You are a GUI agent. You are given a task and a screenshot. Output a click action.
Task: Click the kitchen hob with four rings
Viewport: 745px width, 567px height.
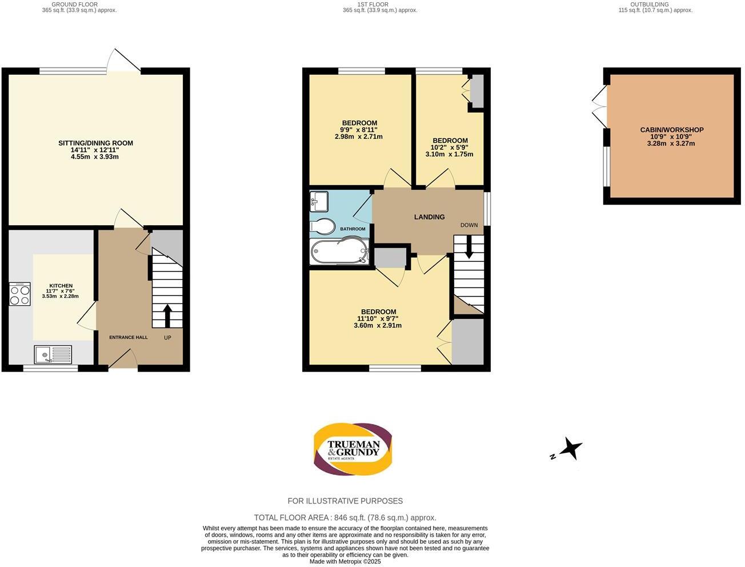tap(19, 294)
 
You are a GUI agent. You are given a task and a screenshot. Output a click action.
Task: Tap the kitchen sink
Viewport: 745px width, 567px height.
tap(52, 354)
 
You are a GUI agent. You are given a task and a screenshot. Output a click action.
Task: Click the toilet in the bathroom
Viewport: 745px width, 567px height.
tap(322, 226)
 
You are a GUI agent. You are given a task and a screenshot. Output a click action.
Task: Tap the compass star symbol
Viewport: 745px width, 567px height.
tap(571, 449)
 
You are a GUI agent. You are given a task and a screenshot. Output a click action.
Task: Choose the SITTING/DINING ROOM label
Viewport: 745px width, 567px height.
tap(95, 143)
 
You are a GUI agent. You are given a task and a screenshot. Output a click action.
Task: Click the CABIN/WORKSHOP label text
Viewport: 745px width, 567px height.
tap(671, 130)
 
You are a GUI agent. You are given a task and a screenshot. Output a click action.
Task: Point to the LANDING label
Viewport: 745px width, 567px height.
tap(429, 217)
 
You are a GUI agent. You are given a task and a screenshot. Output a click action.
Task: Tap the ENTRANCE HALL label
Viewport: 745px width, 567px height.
tap(128, 337)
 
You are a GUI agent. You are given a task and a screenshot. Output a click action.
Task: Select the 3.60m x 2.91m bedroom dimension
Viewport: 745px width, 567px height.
tap(378, 326)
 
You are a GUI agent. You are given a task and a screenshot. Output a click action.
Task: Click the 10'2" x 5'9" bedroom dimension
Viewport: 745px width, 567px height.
tap(450, 147)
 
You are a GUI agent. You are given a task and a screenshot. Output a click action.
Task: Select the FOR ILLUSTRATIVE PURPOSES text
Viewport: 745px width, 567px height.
tap(345, 501)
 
